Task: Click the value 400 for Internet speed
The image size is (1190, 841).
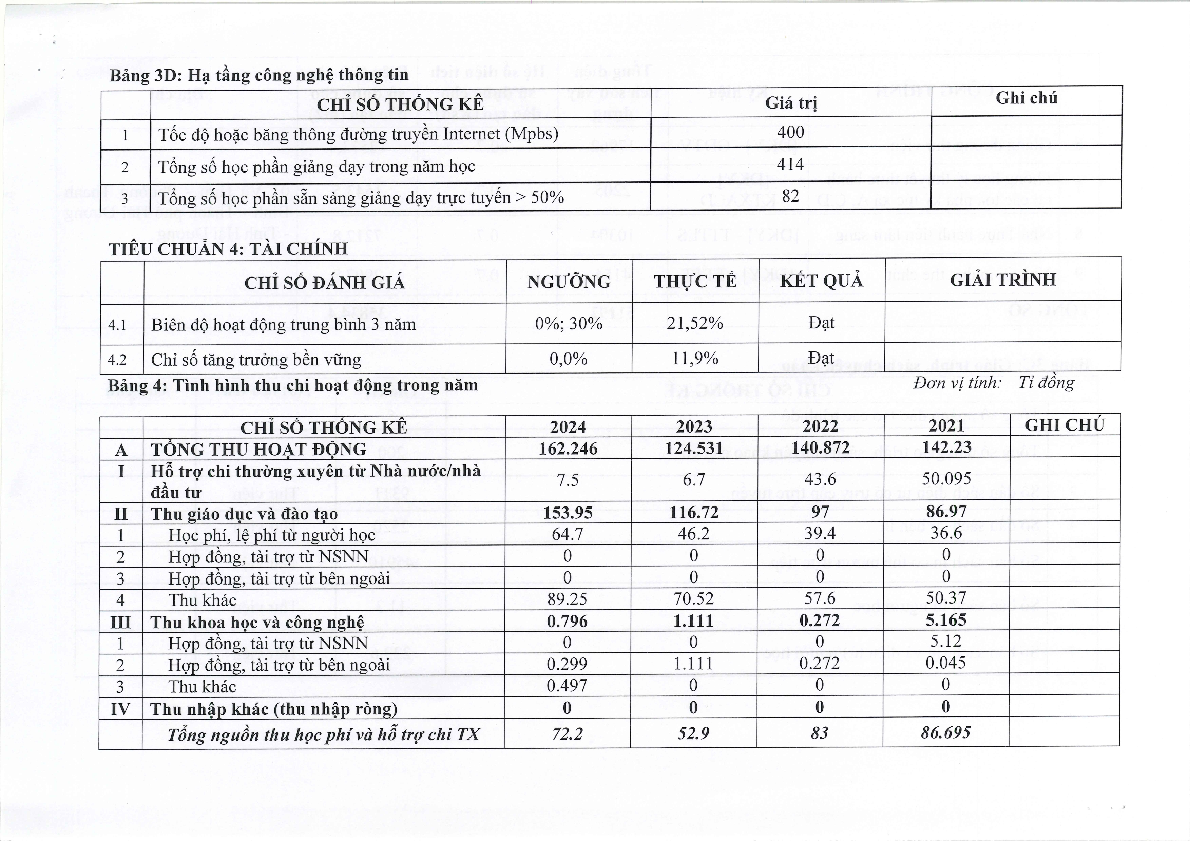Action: click(x=790, y=132)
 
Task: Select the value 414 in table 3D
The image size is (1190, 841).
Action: click(x=790, y=165)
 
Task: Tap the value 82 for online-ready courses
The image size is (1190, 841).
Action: click(x=790, y=196)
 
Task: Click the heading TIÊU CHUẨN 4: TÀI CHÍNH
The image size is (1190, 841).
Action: click(x=228, y=249)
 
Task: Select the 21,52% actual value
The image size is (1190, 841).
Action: click(x=694, y=323)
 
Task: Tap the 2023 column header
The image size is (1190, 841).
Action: click(x=694, y=426)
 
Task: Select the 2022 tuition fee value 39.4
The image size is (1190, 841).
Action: click(x=820, y=533)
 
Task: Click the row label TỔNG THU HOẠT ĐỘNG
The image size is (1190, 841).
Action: click(x=258, y=449)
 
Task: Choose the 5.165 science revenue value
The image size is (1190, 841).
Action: click(x=946, y=620)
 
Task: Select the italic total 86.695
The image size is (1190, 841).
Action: click(x=945, y=733)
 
